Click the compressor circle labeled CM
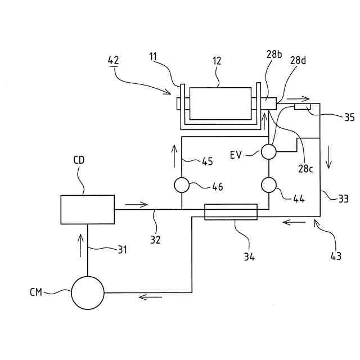coord(88,292)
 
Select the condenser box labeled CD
coord(87,209)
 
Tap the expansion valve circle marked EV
coord(268,151)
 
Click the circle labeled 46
coord(182,184)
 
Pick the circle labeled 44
coord(268,184)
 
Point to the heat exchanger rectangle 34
coord(231,212)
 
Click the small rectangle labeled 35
coord(303,106)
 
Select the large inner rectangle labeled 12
coord(220,103)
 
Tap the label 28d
coord(299,60)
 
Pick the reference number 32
coord(155,240)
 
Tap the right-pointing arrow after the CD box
coord(137,204)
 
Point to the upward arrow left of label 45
coord(174,152)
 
